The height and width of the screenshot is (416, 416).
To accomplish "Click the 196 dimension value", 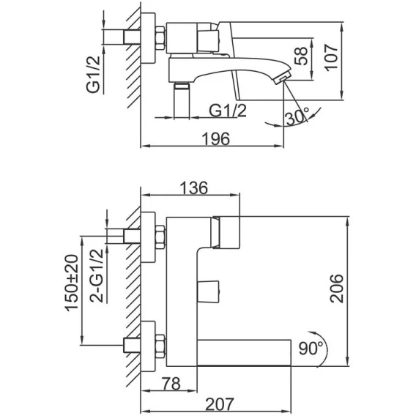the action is pos(216,139).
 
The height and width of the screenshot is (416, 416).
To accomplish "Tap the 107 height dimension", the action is pos(332,58).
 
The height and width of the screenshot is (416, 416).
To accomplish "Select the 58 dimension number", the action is pos(301,56).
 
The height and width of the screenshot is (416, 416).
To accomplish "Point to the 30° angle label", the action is pos(297,116).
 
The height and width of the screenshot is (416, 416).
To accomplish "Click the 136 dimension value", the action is pos(194,187).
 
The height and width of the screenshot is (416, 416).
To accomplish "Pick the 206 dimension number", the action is pos(336,289).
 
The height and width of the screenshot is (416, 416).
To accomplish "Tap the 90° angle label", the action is pos(311,348).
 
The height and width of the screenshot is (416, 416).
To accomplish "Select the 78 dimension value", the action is pos(171,384).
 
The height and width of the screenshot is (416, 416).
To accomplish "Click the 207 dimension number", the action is pos(220,404).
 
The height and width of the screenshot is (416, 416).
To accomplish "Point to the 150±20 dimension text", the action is pos(72,283).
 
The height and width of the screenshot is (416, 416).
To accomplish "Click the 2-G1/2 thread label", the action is pos(97,275).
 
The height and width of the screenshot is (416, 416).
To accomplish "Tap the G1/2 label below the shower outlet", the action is pos(228,111).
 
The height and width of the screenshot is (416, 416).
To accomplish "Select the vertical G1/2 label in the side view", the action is pos(94,74).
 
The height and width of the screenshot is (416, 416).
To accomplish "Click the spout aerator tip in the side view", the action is pos(282,79).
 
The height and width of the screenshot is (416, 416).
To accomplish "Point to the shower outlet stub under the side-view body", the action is pos(182,100).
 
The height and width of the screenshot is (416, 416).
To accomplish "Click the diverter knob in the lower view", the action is pos(208,291).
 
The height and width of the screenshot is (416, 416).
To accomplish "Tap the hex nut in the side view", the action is pos(160,38).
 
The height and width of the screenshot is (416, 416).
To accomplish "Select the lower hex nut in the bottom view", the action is pos(160,346).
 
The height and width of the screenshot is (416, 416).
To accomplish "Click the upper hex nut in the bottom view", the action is pos(160,237).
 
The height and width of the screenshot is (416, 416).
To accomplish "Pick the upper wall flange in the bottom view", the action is pos(148,237).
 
